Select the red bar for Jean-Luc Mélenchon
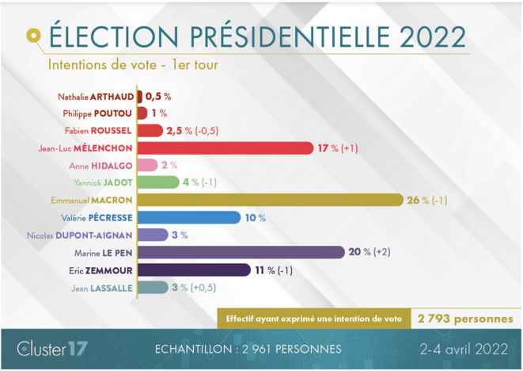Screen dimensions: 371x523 pos(225,147)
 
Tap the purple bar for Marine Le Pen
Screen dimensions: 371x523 pos(241,252)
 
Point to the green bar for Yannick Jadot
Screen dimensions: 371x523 pos(158,182)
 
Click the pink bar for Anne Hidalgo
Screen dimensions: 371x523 pos(147,165)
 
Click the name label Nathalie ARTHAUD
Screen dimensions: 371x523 pos(96,96)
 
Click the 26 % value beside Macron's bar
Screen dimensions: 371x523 pos(418,200)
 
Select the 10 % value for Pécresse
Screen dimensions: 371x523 pos(255,217)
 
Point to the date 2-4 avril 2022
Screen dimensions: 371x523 pos(462,348)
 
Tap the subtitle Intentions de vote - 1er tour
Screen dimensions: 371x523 pos(133,64)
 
